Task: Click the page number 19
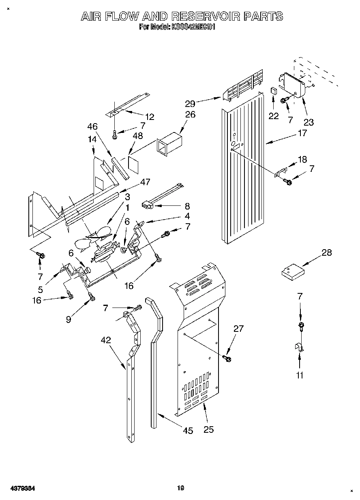tap(180, 488)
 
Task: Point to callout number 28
tap(326, 253)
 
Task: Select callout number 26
tap(190, 115)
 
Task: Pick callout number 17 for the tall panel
tap(302, 132)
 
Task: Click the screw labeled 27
tap(227, 358)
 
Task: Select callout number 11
tap(300, 375)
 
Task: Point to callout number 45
tap(188, 431)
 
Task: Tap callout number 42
tap(106, 340)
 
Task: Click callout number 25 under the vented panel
tap(208, 429)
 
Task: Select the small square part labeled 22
tap(274, 90)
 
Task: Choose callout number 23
tap(309, 122)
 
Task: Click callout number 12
tap(150, 117)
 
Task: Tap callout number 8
tap(187, 206)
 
